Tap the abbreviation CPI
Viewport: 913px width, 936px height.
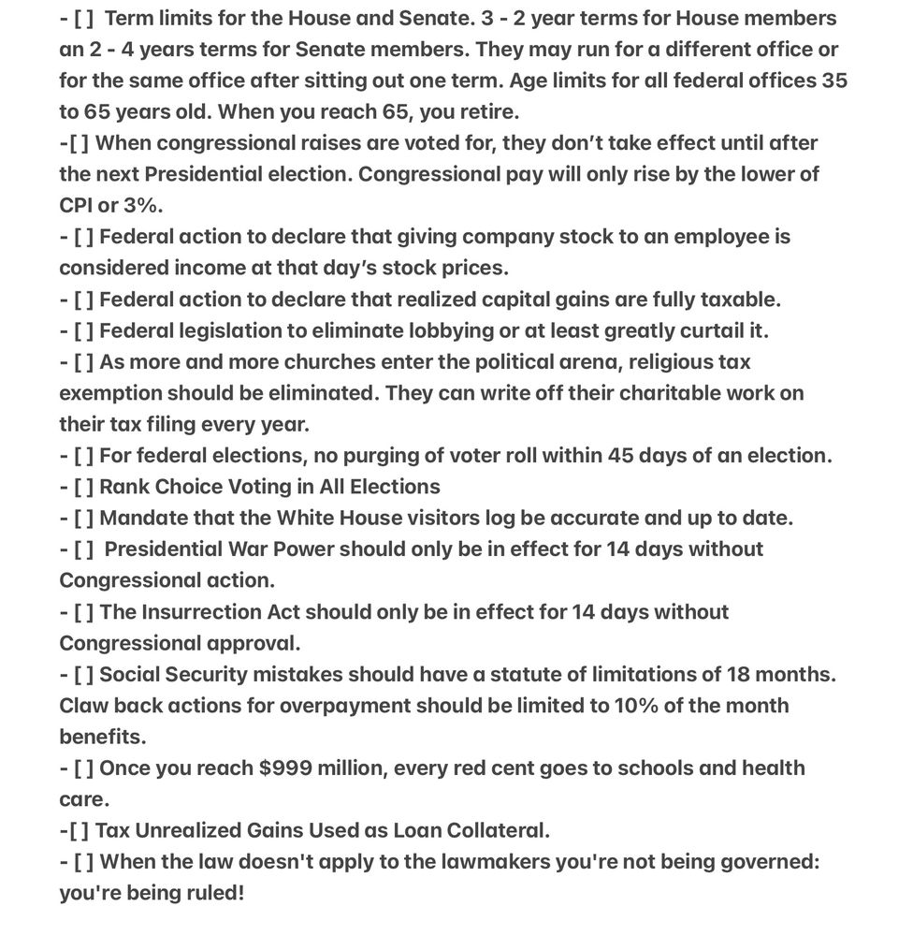click(76, 206)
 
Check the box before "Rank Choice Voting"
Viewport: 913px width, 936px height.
click(83, 487)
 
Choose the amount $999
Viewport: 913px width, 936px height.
click(288, 768)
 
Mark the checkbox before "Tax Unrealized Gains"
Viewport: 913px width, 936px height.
click(79, 830)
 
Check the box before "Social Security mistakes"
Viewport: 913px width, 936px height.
click(83, 674)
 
